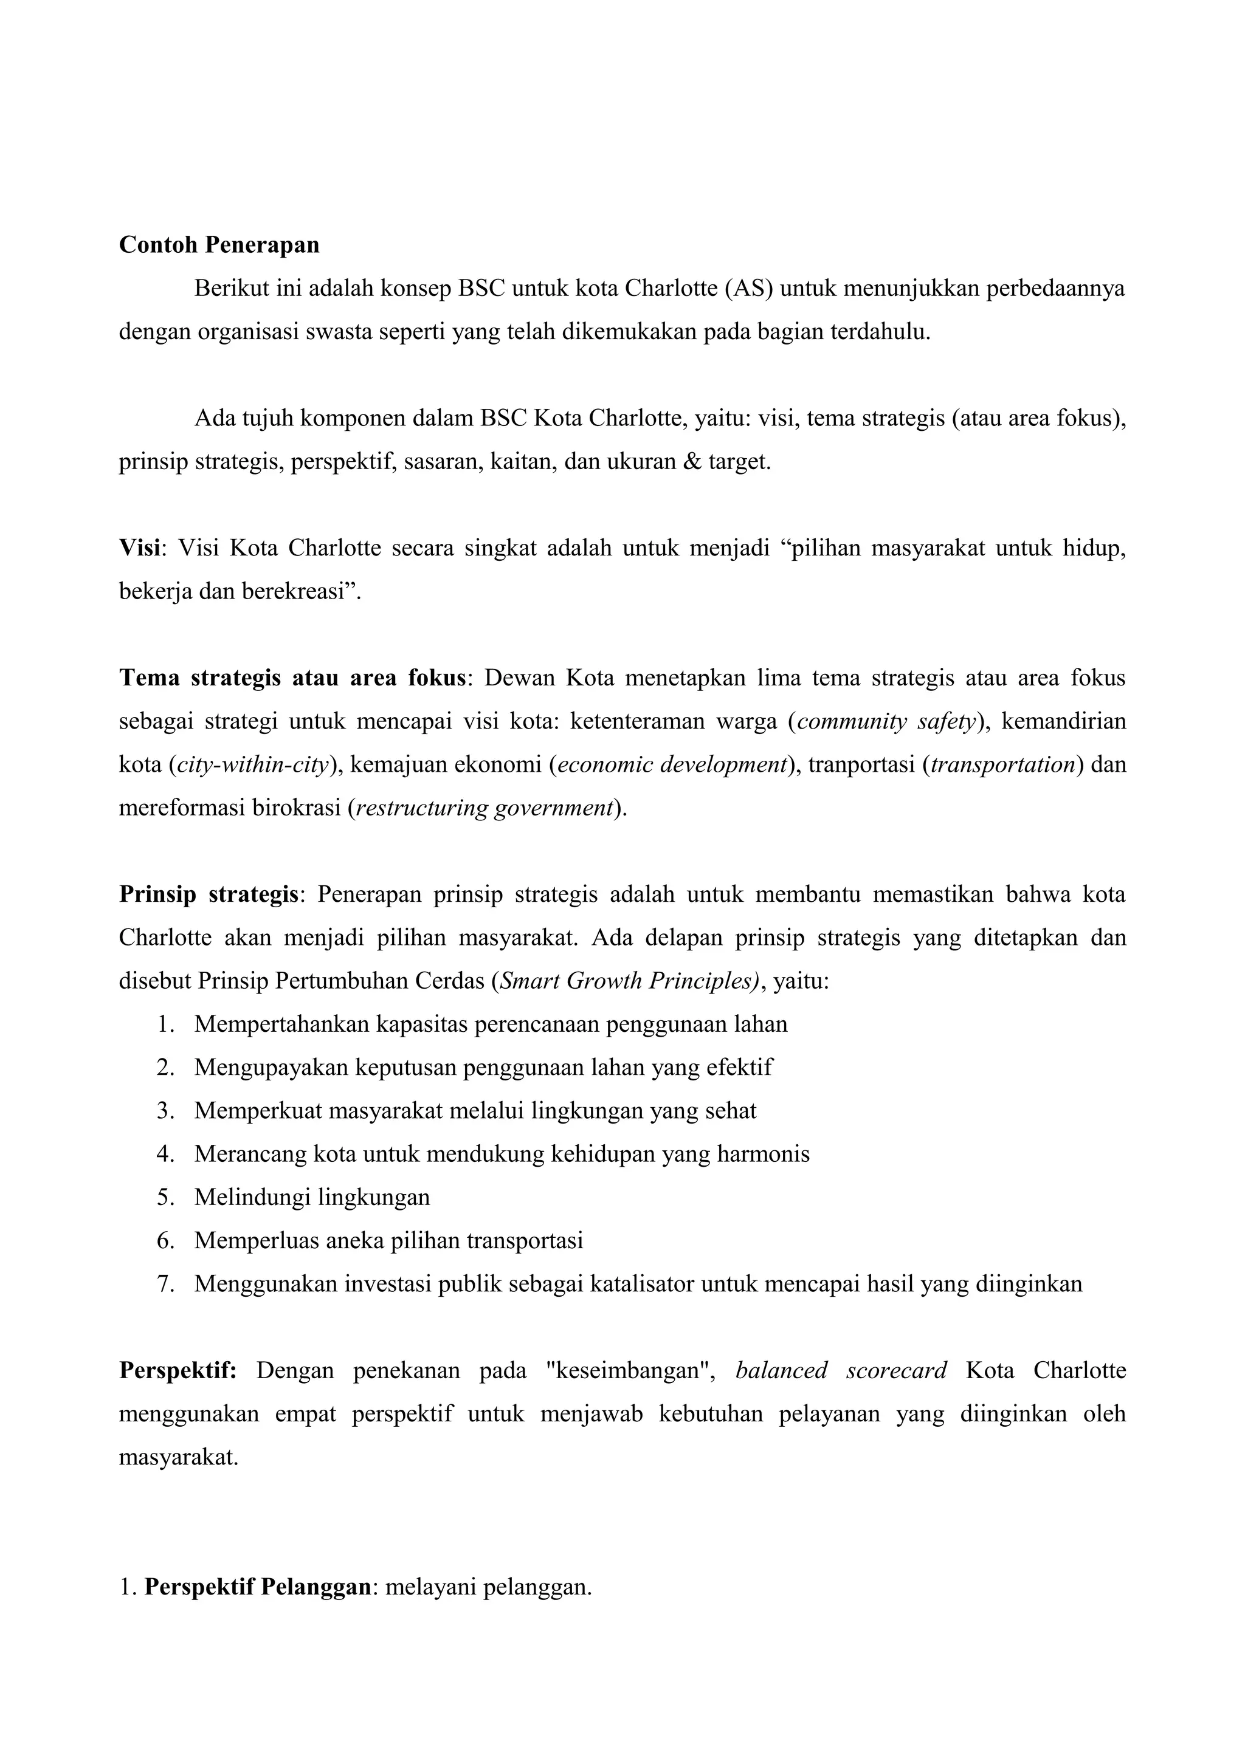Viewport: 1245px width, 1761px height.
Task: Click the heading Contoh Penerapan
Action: pos(219,245)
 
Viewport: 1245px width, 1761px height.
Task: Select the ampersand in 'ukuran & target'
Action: pos(692,462)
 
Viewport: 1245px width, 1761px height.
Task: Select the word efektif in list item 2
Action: pos(741,1068)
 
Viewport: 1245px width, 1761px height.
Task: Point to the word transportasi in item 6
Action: pos(525,1241)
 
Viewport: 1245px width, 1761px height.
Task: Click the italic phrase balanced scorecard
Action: pos(841,1371)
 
